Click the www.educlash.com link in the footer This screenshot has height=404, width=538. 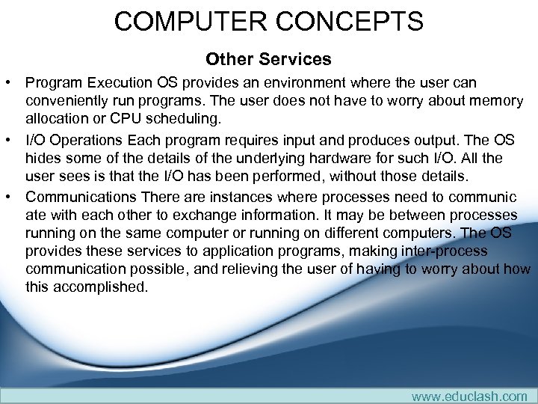[x=469, y=396]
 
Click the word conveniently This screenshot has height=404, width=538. [x=69, y=101]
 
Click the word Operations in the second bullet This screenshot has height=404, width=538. [x=87, y=139]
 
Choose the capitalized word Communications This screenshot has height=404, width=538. [x=80, y=197]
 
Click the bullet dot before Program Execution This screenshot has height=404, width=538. [x=10, y=82]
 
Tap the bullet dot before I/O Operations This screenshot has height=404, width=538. [x=10, y=139]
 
